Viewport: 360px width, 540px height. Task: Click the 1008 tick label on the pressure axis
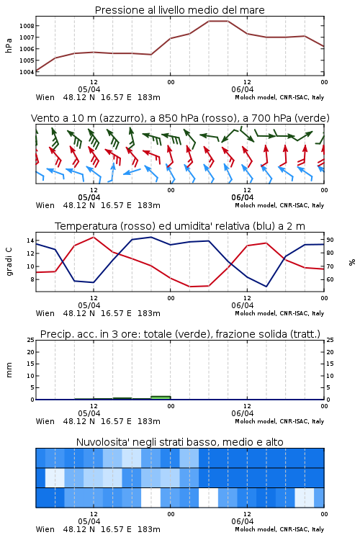27,26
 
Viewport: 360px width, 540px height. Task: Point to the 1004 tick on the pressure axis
27,72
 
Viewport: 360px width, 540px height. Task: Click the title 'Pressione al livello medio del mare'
180,10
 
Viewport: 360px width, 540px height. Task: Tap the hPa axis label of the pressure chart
9,45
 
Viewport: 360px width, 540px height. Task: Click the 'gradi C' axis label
9,261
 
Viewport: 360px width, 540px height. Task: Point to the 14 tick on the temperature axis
30,240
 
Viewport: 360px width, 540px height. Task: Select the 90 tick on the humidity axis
330,240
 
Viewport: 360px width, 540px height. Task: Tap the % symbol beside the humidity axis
352,262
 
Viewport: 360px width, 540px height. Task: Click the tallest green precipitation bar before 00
161,397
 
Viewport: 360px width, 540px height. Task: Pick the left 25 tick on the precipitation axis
31,340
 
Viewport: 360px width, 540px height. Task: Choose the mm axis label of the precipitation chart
9,370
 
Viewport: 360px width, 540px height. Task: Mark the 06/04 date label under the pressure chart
243,89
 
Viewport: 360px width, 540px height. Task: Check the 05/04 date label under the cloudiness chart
89,521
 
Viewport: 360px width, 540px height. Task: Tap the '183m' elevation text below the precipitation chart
149,421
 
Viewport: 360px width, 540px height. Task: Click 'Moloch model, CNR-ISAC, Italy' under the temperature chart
279,313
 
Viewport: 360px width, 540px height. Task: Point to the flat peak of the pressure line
218,21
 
